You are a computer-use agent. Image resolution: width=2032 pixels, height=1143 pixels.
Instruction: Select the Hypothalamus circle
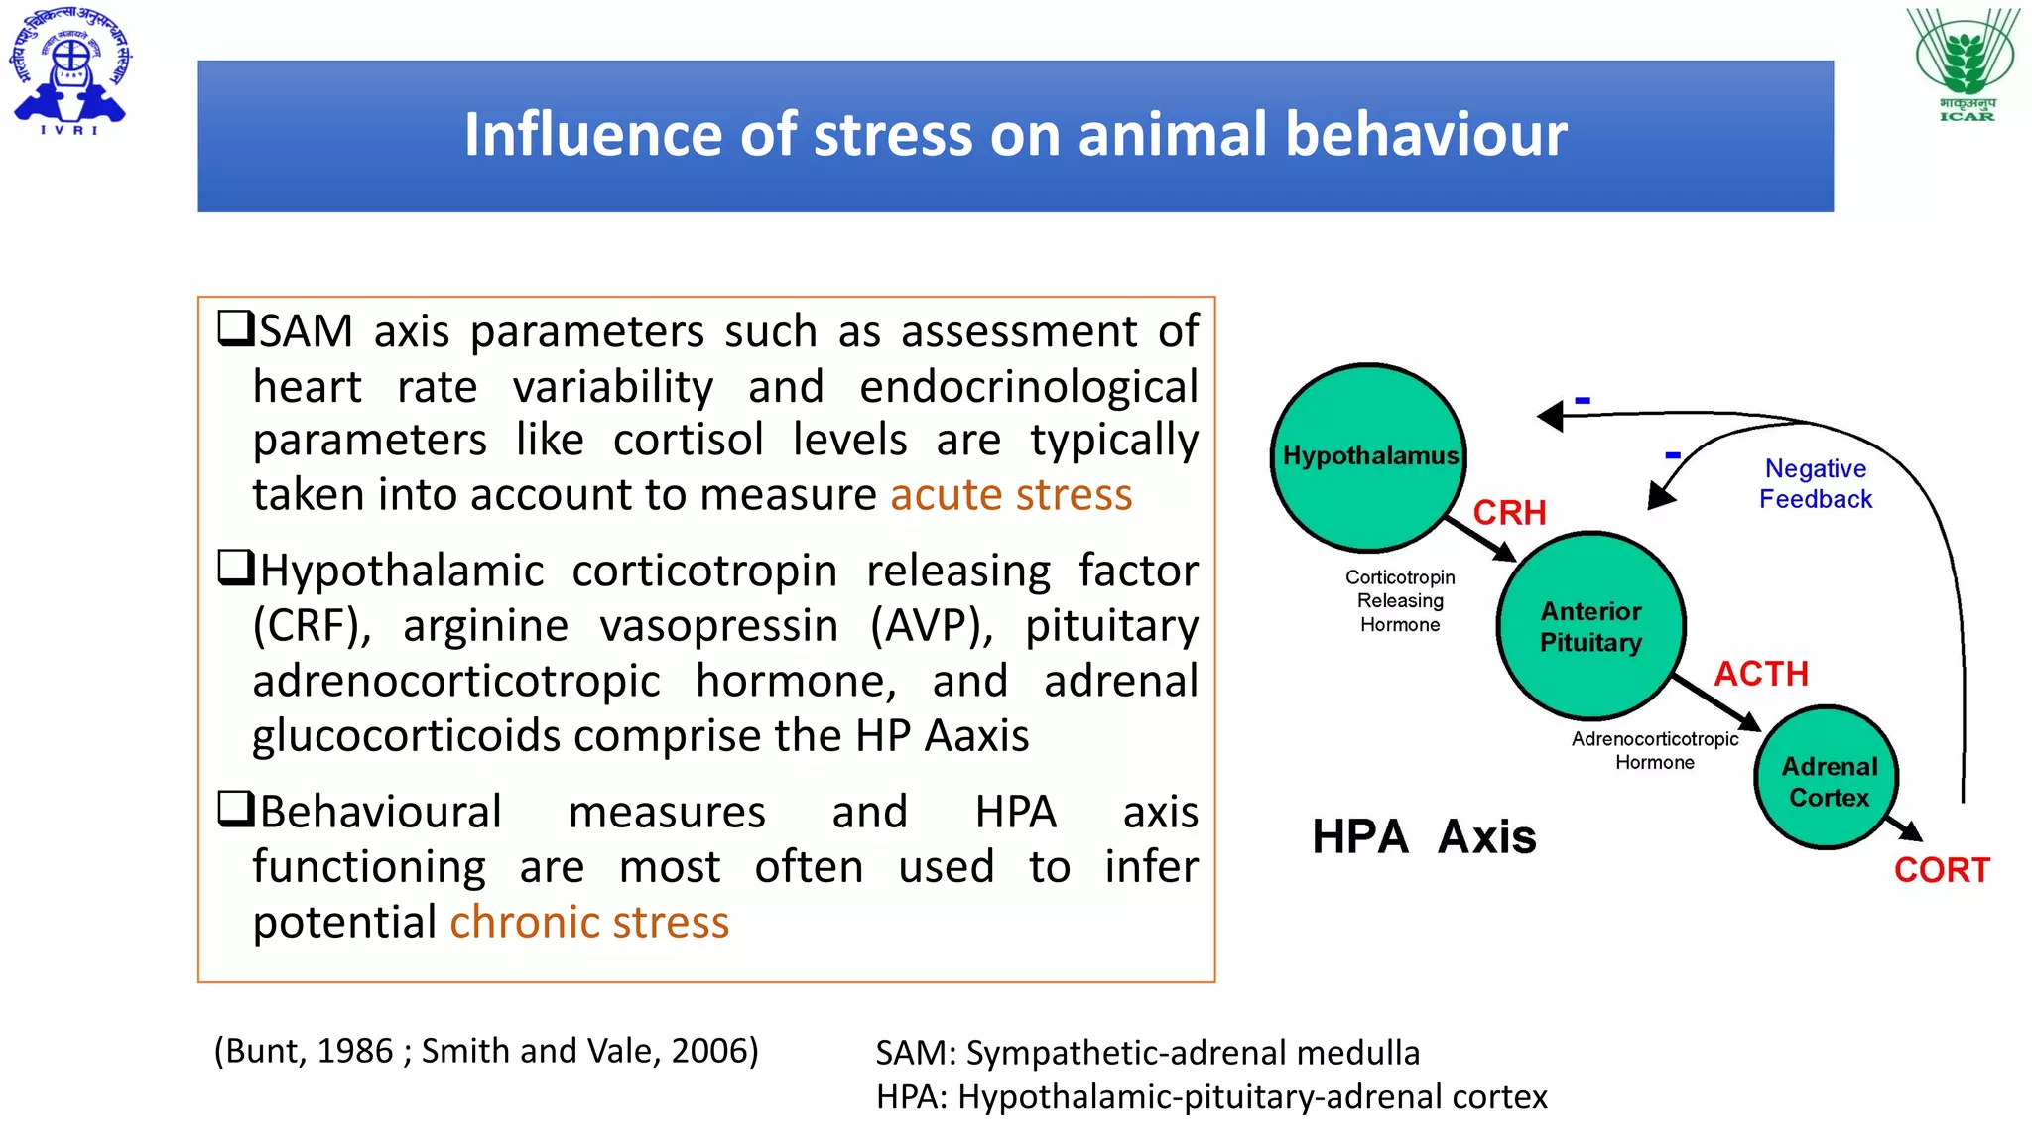tap(1369, 456)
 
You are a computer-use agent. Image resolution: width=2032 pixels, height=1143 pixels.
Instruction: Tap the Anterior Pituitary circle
tap(1590, 626)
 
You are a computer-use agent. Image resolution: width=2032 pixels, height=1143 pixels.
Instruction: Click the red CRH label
tap(1509, 513)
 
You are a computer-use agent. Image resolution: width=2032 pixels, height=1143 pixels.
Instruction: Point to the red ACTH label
tap(1761, 674)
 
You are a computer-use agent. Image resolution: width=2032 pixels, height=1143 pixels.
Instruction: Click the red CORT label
tap(1941, 870)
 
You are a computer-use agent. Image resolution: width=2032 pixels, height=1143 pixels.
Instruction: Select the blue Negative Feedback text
tap(1816, 483)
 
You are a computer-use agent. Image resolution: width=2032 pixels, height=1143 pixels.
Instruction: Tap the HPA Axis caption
tap(1424, 836)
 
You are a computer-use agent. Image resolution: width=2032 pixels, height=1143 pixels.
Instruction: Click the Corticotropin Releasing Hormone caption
tap(1400, 600)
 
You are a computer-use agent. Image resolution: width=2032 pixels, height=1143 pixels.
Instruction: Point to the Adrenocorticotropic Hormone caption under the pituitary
tap(1654, 750)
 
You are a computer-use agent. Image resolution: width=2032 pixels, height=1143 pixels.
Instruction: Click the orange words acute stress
tap(1010, 495)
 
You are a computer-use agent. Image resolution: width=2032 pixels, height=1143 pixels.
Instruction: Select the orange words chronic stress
tap(589, 923)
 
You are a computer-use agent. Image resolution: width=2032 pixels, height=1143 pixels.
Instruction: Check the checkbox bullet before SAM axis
tap(236, 328)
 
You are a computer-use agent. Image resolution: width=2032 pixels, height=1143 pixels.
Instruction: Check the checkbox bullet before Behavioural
tap(236, 809)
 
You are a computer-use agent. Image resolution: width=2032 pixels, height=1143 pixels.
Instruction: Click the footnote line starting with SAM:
tap(1147, 1053)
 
